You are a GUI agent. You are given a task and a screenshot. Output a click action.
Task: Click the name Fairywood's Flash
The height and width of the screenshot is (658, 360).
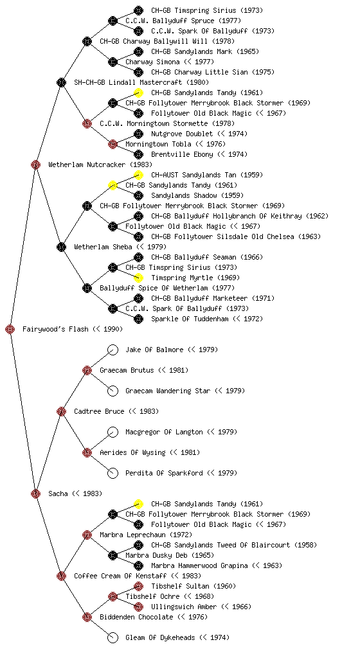[x=55, y=330]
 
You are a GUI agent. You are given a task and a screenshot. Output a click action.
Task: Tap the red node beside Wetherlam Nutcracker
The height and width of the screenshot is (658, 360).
[x=35, y=164]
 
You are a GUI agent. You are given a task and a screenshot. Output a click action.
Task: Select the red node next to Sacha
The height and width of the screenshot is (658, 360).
[x=35, y=493]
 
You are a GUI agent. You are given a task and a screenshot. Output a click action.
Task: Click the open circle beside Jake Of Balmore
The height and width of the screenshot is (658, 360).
[x=113, y=350]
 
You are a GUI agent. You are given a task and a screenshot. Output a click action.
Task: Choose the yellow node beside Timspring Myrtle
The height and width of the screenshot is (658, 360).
[x=138, y=278]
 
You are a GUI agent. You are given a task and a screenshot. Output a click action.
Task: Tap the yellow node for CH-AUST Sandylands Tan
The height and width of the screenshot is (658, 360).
[x=138, y=175]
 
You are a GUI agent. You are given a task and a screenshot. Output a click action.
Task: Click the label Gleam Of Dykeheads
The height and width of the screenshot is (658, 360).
[x=160, y=638]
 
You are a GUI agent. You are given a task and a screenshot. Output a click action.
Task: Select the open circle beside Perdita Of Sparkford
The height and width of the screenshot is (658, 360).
[x=113, y=473]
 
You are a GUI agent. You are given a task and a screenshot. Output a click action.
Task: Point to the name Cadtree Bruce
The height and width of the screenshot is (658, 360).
[x=99, y=411]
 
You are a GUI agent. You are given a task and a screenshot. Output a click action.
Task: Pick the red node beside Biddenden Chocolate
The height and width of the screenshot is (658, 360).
[x=87, y=617]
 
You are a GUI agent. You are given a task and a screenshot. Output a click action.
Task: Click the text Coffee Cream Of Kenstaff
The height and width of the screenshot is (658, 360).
[x=120, y=576]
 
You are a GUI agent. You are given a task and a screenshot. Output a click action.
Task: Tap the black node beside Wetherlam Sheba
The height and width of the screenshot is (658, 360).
[x=61, y=247]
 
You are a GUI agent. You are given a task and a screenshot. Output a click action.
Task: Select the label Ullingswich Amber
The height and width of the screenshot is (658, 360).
[x=184, y=607]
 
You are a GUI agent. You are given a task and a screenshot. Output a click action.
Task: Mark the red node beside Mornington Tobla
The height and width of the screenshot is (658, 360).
[x=113, y=144]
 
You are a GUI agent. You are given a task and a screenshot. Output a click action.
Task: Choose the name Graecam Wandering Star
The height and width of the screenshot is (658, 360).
[x=168, y=391]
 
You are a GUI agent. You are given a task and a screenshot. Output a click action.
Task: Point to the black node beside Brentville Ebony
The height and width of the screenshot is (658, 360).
[x=138, y=154]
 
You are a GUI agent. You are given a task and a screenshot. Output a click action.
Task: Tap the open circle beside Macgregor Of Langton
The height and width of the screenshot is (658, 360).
[x=113, y=432]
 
